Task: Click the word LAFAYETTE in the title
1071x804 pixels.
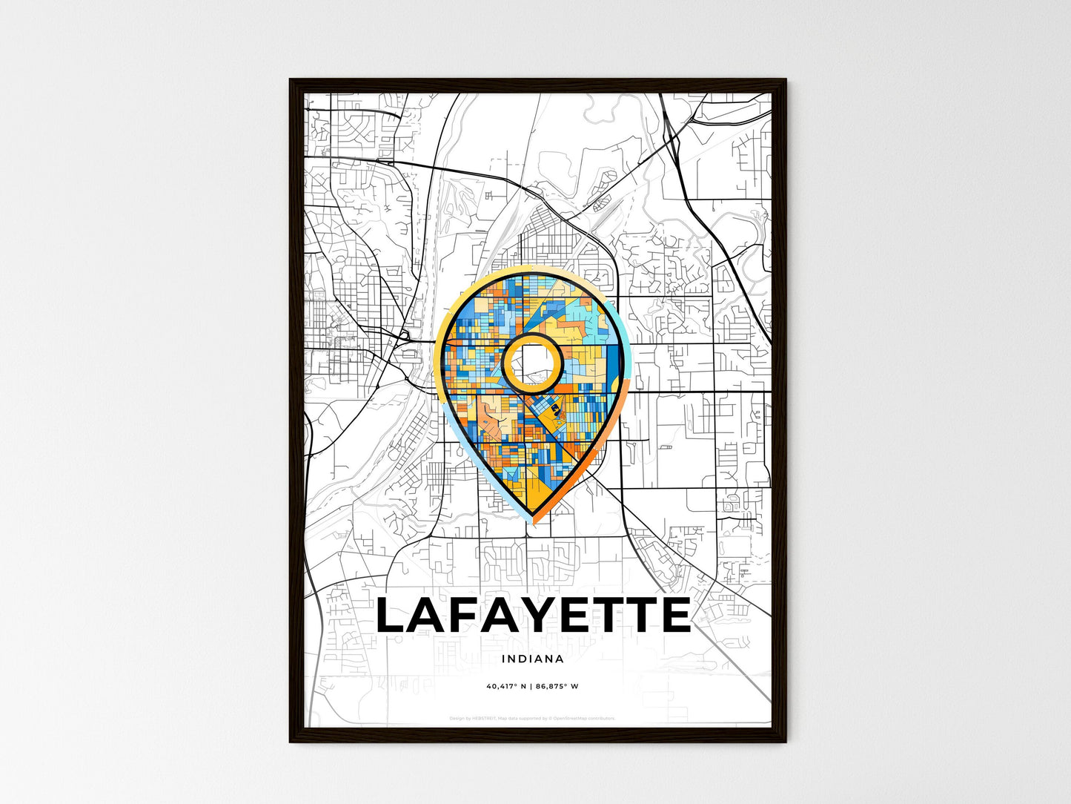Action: click(x=533, y=616)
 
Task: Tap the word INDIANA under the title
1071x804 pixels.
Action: click(x=532, y=659)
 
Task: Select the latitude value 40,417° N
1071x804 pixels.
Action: click(x=506, y=686)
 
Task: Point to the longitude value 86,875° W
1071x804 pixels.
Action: click(x=557, y=686)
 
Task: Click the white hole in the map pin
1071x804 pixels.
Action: click(x=531, y=361)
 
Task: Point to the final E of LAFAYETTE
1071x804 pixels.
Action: click(x=674, y=616)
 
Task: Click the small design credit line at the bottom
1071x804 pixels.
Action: click(x=532, y=718)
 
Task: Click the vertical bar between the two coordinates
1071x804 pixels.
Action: click(x=532, y=686)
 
